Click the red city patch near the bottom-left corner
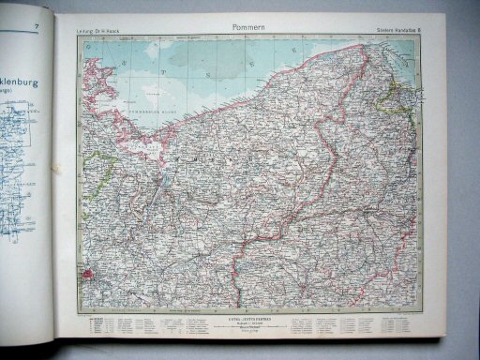[90, 277]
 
